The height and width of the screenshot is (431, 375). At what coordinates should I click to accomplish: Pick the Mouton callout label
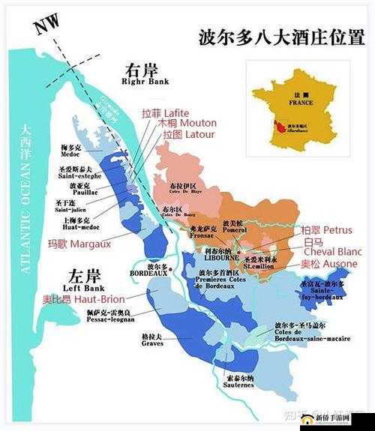coord(187,123)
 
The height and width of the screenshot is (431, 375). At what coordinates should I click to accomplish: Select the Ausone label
coord(328,264)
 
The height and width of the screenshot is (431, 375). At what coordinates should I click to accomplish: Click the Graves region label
coord(151,341)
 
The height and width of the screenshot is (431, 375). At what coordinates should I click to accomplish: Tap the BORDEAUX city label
coord(158,270)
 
